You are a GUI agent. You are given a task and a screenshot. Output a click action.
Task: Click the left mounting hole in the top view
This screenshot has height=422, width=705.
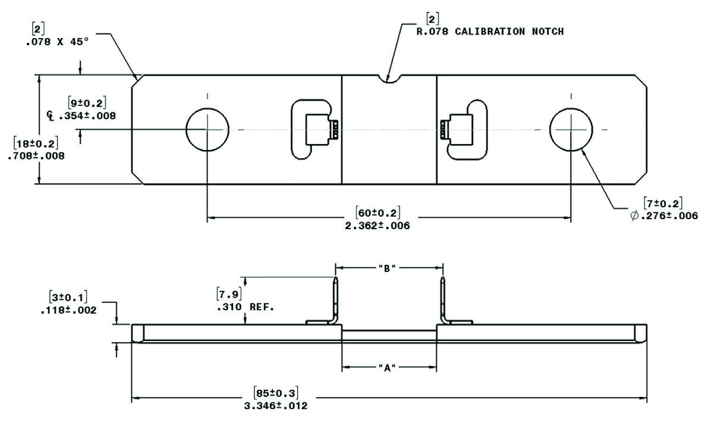point(207,129)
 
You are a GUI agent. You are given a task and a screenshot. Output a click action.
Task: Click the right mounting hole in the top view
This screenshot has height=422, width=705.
point(571,129)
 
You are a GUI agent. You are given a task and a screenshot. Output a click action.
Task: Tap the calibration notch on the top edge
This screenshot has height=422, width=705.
point(389,78)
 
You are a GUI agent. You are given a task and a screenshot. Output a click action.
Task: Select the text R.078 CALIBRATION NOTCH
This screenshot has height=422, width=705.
point(489,31)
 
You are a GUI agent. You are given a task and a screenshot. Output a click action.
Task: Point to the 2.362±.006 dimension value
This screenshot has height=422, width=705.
point(377,226)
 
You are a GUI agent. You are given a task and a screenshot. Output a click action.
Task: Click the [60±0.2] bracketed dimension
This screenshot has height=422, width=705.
point(377,212)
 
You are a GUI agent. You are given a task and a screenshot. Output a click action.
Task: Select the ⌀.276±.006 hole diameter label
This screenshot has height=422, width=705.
point(663,215)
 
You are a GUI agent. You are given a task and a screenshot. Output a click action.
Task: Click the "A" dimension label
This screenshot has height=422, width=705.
point(388,368)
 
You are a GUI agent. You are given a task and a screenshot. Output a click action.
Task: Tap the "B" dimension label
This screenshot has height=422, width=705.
point(388,268)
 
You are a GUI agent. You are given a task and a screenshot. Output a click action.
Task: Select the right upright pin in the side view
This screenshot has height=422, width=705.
point(443,301)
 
